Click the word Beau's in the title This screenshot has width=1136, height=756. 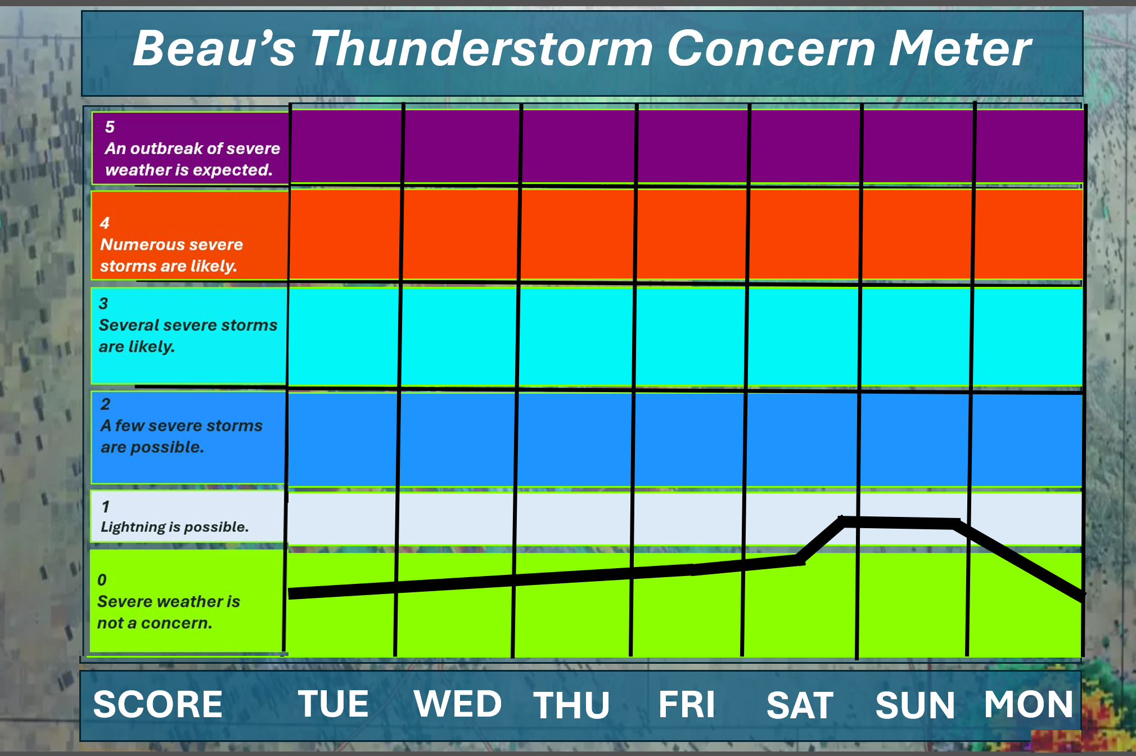tap(214, 48)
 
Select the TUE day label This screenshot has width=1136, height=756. tap(333, 704)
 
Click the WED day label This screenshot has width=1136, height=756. tap(458, 704)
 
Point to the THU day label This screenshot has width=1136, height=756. tap(571, 705)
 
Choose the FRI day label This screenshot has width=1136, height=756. tap(687, 704)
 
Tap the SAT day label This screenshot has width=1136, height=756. tap(800, 705)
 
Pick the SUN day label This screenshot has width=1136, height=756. tap(915, 705)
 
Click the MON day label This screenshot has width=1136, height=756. tap(1029, 704)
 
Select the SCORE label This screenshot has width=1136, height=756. tap(158, 704)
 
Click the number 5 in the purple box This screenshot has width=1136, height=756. tap(110, 127)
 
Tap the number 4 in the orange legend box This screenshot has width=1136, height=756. tap(105, 223)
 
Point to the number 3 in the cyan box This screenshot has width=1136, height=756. tap(103, 304)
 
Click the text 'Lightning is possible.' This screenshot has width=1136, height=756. tap(174, 527)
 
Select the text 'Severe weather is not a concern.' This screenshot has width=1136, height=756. tap(169, 612)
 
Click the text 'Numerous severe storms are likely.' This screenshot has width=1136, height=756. tap(172, 255)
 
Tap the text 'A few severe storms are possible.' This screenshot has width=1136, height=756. tap(181, 436)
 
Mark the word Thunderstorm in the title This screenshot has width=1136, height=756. tap(481, 48)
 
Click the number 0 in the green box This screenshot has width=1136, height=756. tap(102, 580)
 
